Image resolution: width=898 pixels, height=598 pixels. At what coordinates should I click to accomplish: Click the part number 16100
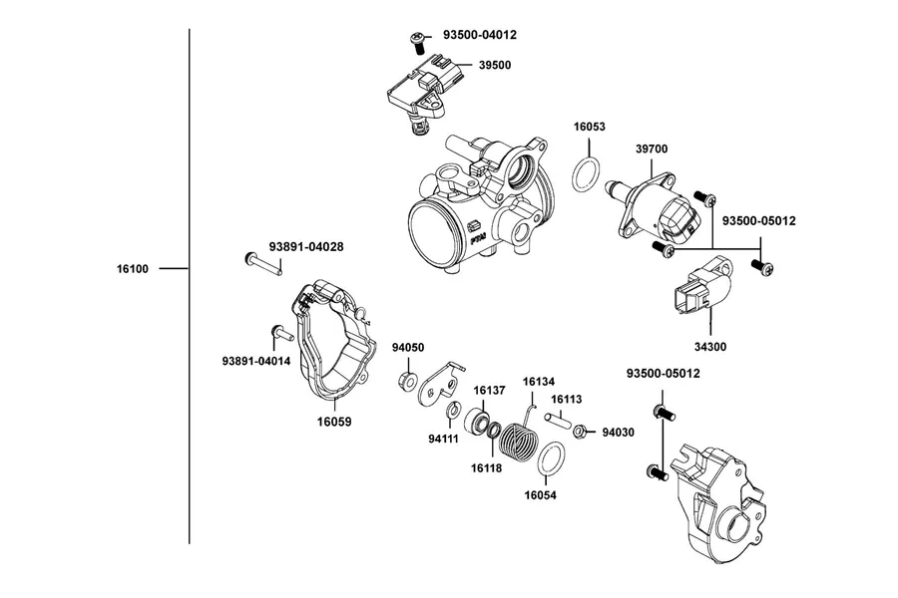click(133, 269)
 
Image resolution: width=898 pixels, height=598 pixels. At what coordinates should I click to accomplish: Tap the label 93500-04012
click(480, 35)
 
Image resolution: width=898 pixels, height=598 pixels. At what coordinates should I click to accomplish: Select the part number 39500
click(495, 65)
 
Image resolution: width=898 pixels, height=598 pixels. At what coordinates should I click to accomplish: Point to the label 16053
click(590, 127)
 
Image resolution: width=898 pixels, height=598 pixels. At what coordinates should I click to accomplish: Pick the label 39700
click(652, 149)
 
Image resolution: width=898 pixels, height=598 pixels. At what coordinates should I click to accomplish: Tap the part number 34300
click(710, 347)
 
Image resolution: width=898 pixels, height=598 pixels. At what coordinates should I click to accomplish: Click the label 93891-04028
click(306, 246)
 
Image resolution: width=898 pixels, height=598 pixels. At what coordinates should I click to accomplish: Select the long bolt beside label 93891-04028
click(262, 264)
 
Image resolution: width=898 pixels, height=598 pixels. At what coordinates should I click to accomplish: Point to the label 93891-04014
click(256, 361)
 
